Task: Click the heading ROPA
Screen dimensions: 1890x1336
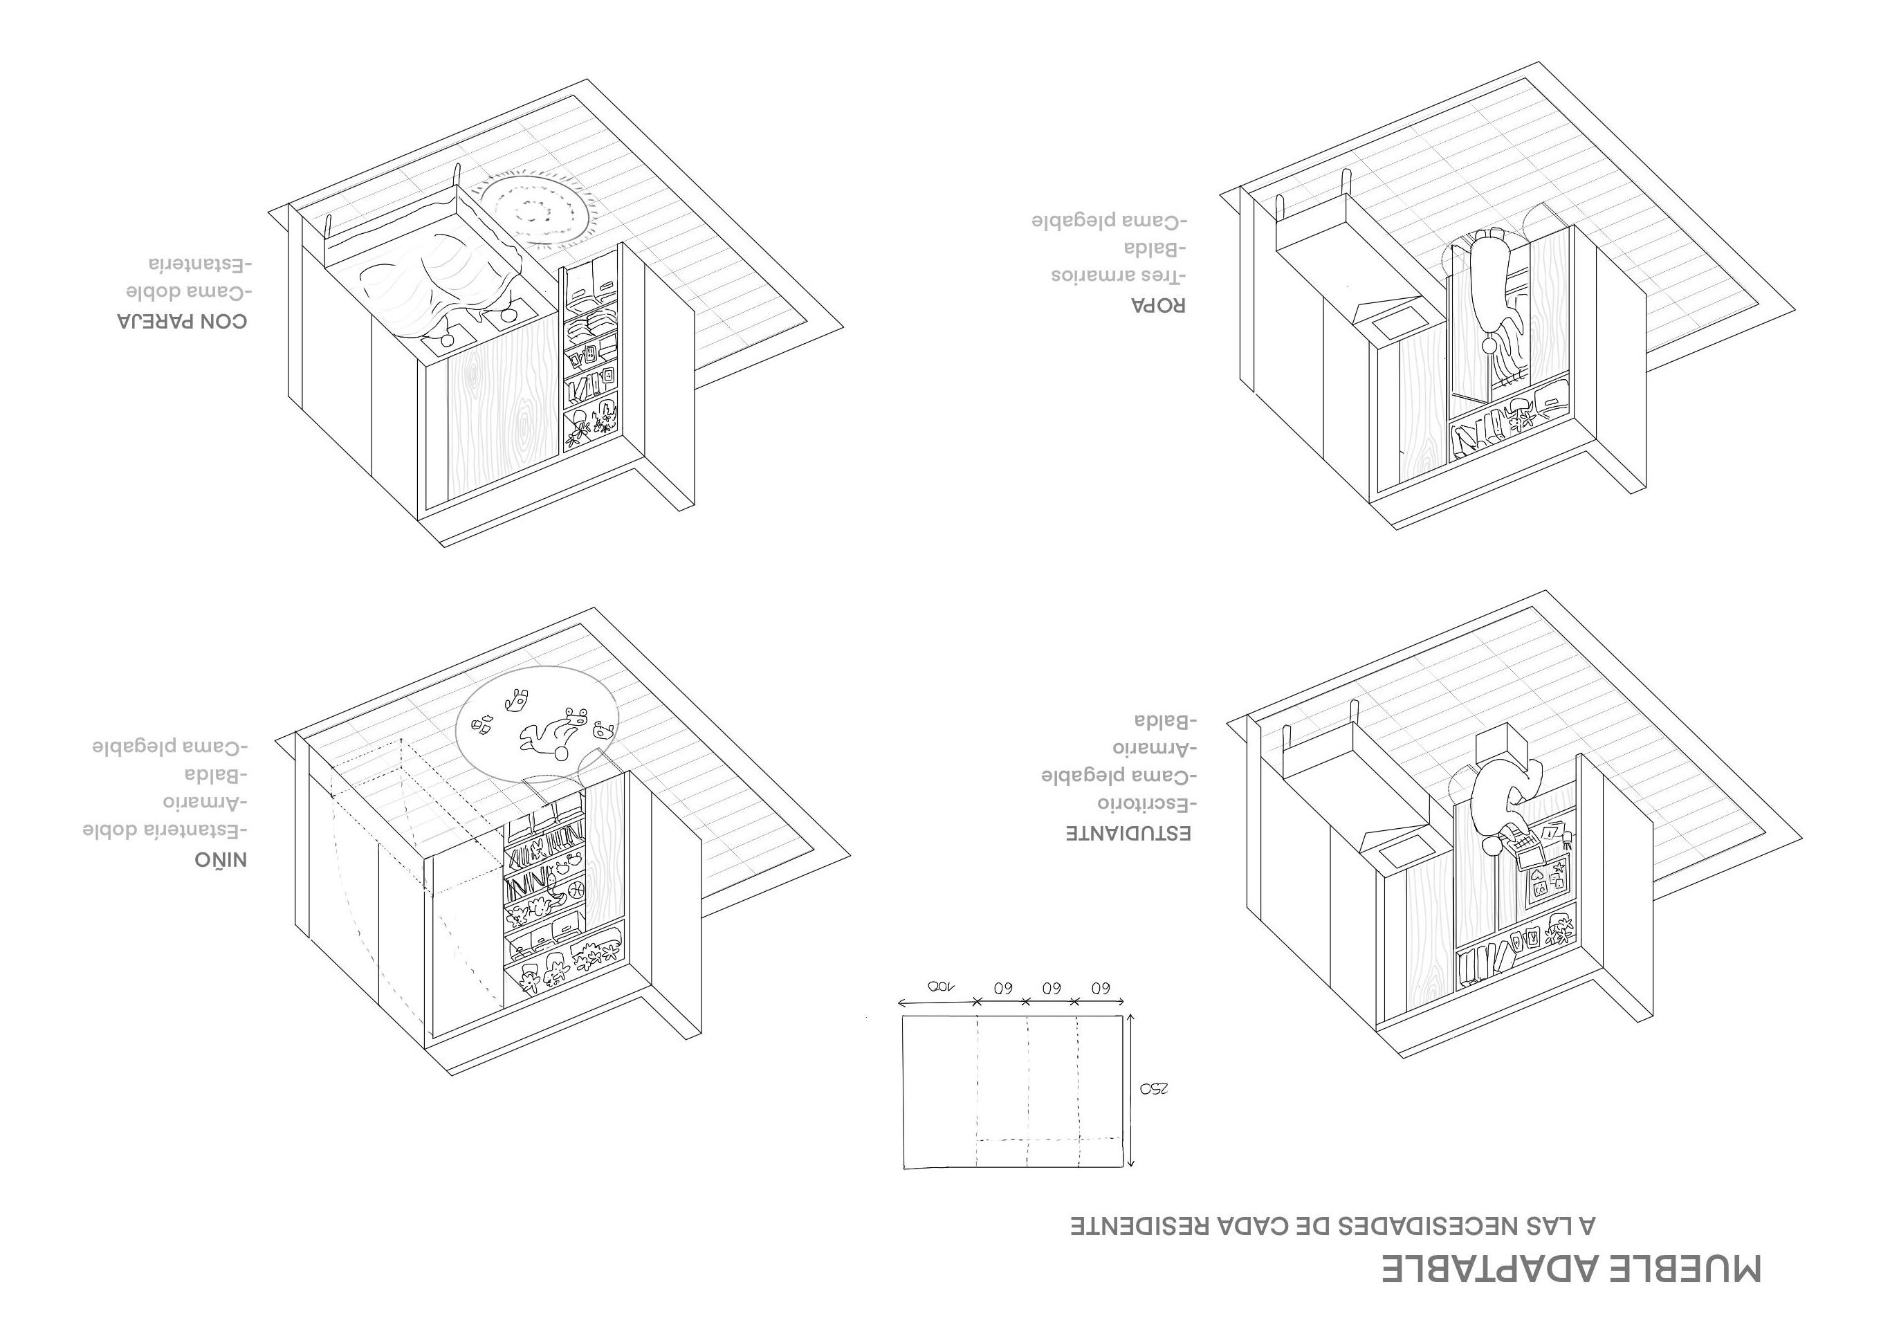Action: (x=1158, y=304)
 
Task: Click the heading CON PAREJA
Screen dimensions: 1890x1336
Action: (x=182, y=321)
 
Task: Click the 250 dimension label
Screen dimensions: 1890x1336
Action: (x=1154, y=1088)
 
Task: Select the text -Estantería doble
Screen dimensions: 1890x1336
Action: (x=165, y=830)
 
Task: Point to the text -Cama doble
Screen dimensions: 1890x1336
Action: (x=188, y=292)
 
